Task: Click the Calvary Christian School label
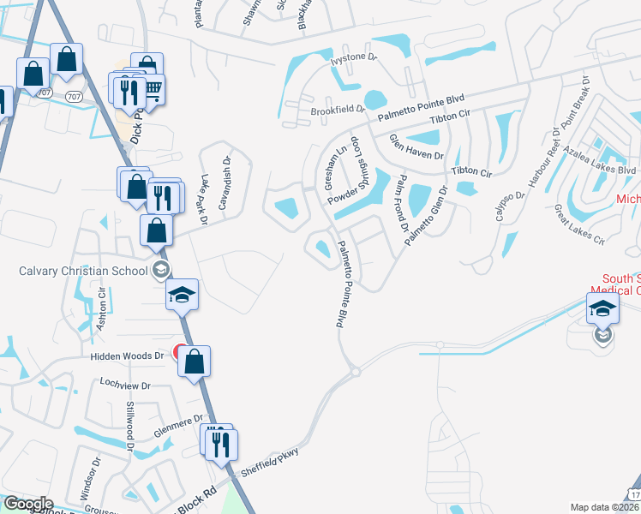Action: [x=82, y=272]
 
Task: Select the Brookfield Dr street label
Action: [x=338, y=111]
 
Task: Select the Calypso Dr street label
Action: [x=507, y=206]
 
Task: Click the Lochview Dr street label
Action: [x=125, y=385]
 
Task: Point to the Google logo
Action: [x=28, y=504]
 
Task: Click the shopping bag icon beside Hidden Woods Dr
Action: [x=195, y=361]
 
